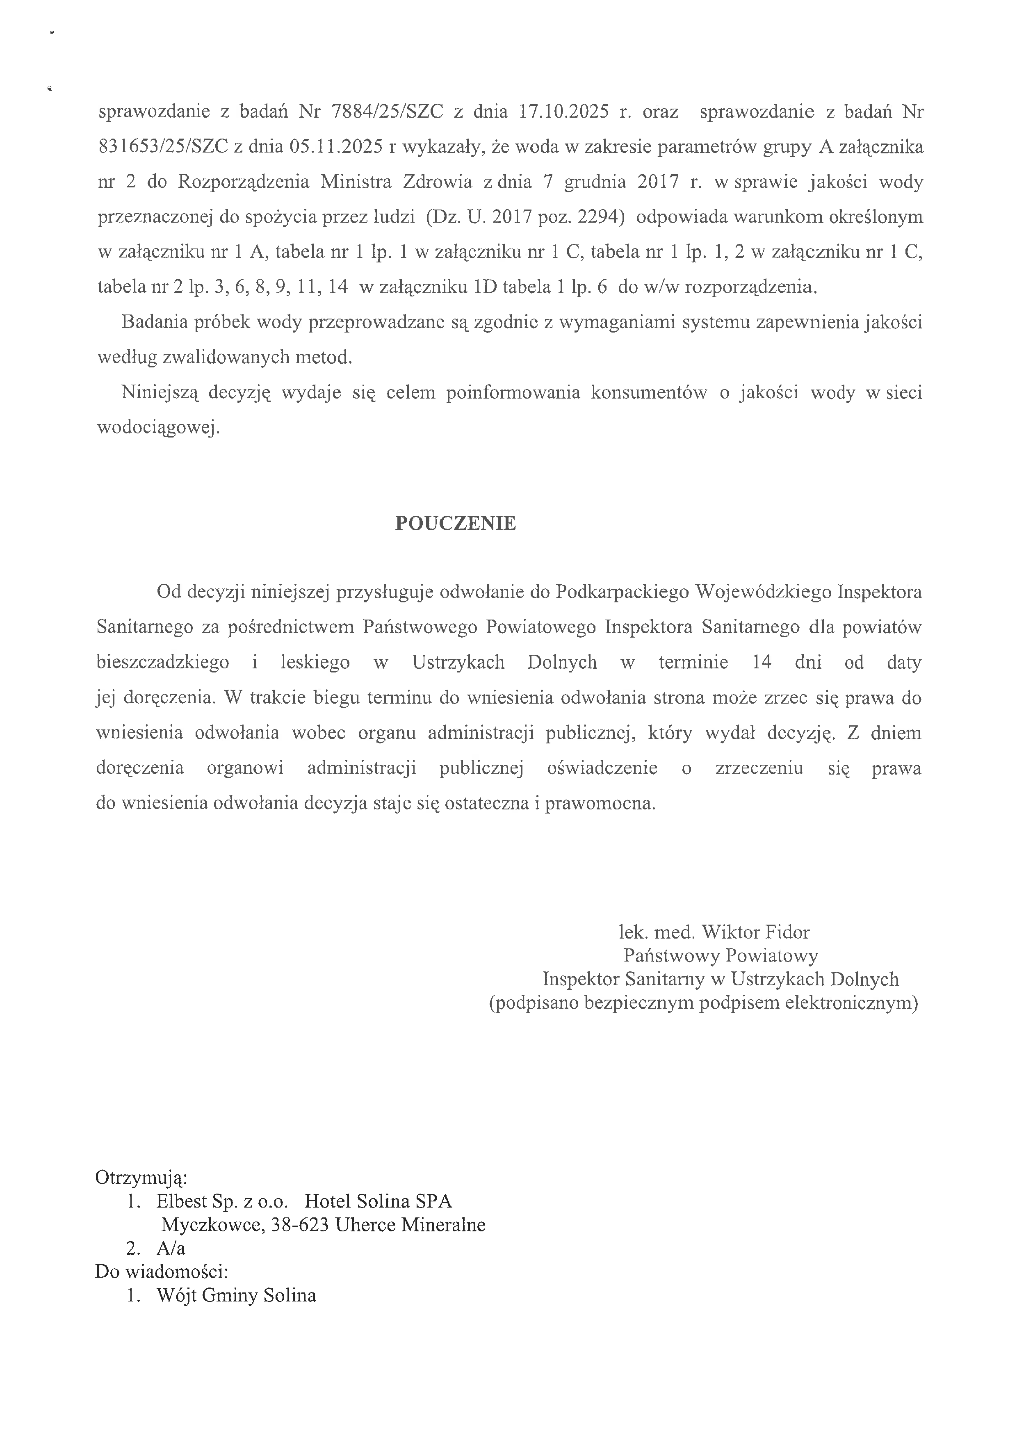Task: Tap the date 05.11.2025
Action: pyautogui.click(x=336, y=147)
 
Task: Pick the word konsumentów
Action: pyautogui.click(x=648, y=393)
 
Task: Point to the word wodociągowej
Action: pyautogui.click(x=158, y=428)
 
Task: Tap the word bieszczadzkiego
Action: pyautogui.click(x=163, y=663)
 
